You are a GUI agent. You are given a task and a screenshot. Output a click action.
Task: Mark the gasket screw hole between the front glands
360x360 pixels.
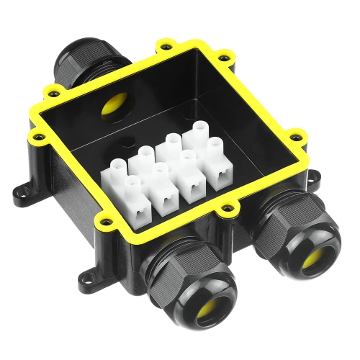coord(230,209)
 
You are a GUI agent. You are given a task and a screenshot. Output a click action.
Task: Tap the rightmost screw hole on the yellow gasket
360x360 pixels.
coord(294,132)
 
